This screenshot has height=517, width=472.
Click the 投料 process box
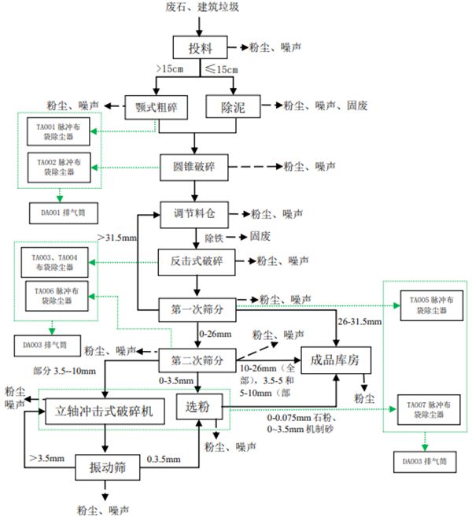click(x=201, y=47)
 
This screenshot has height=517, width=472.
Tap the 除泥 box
click(x=234, y=106)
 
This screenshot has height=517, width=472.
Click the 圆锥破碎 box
click(x=197, y=167)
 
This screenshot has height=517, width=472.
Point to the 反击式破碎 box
click(x=197, y=260)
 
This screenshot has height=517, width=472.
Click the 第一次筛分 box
click(x=197, y=308)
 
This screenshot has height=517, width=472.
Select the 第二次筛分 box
click(x=197, y=361)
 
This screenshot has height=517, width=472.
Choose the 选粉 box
click(x=199, y=408)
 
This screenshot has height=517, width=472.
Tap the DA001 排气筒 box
click(x=56, y=213)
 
